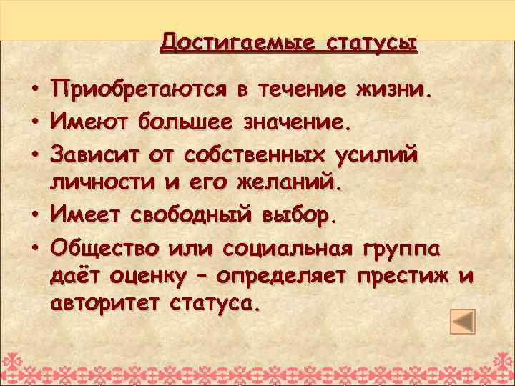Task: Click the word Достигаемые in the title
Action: [238, 41]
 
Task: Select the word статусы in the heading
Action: [371, 41]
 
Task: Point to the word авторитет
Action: [107, 303]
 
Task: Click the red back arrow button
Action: [463, 320]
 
